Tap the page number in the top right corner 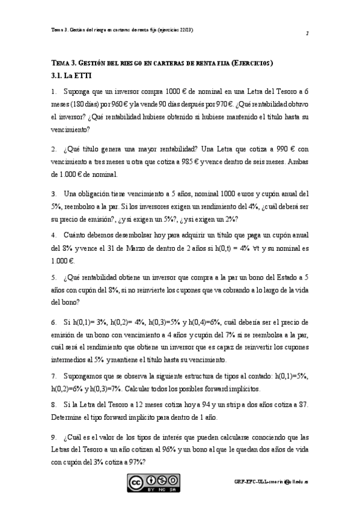pyautogui.click(x=307, y=34)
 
